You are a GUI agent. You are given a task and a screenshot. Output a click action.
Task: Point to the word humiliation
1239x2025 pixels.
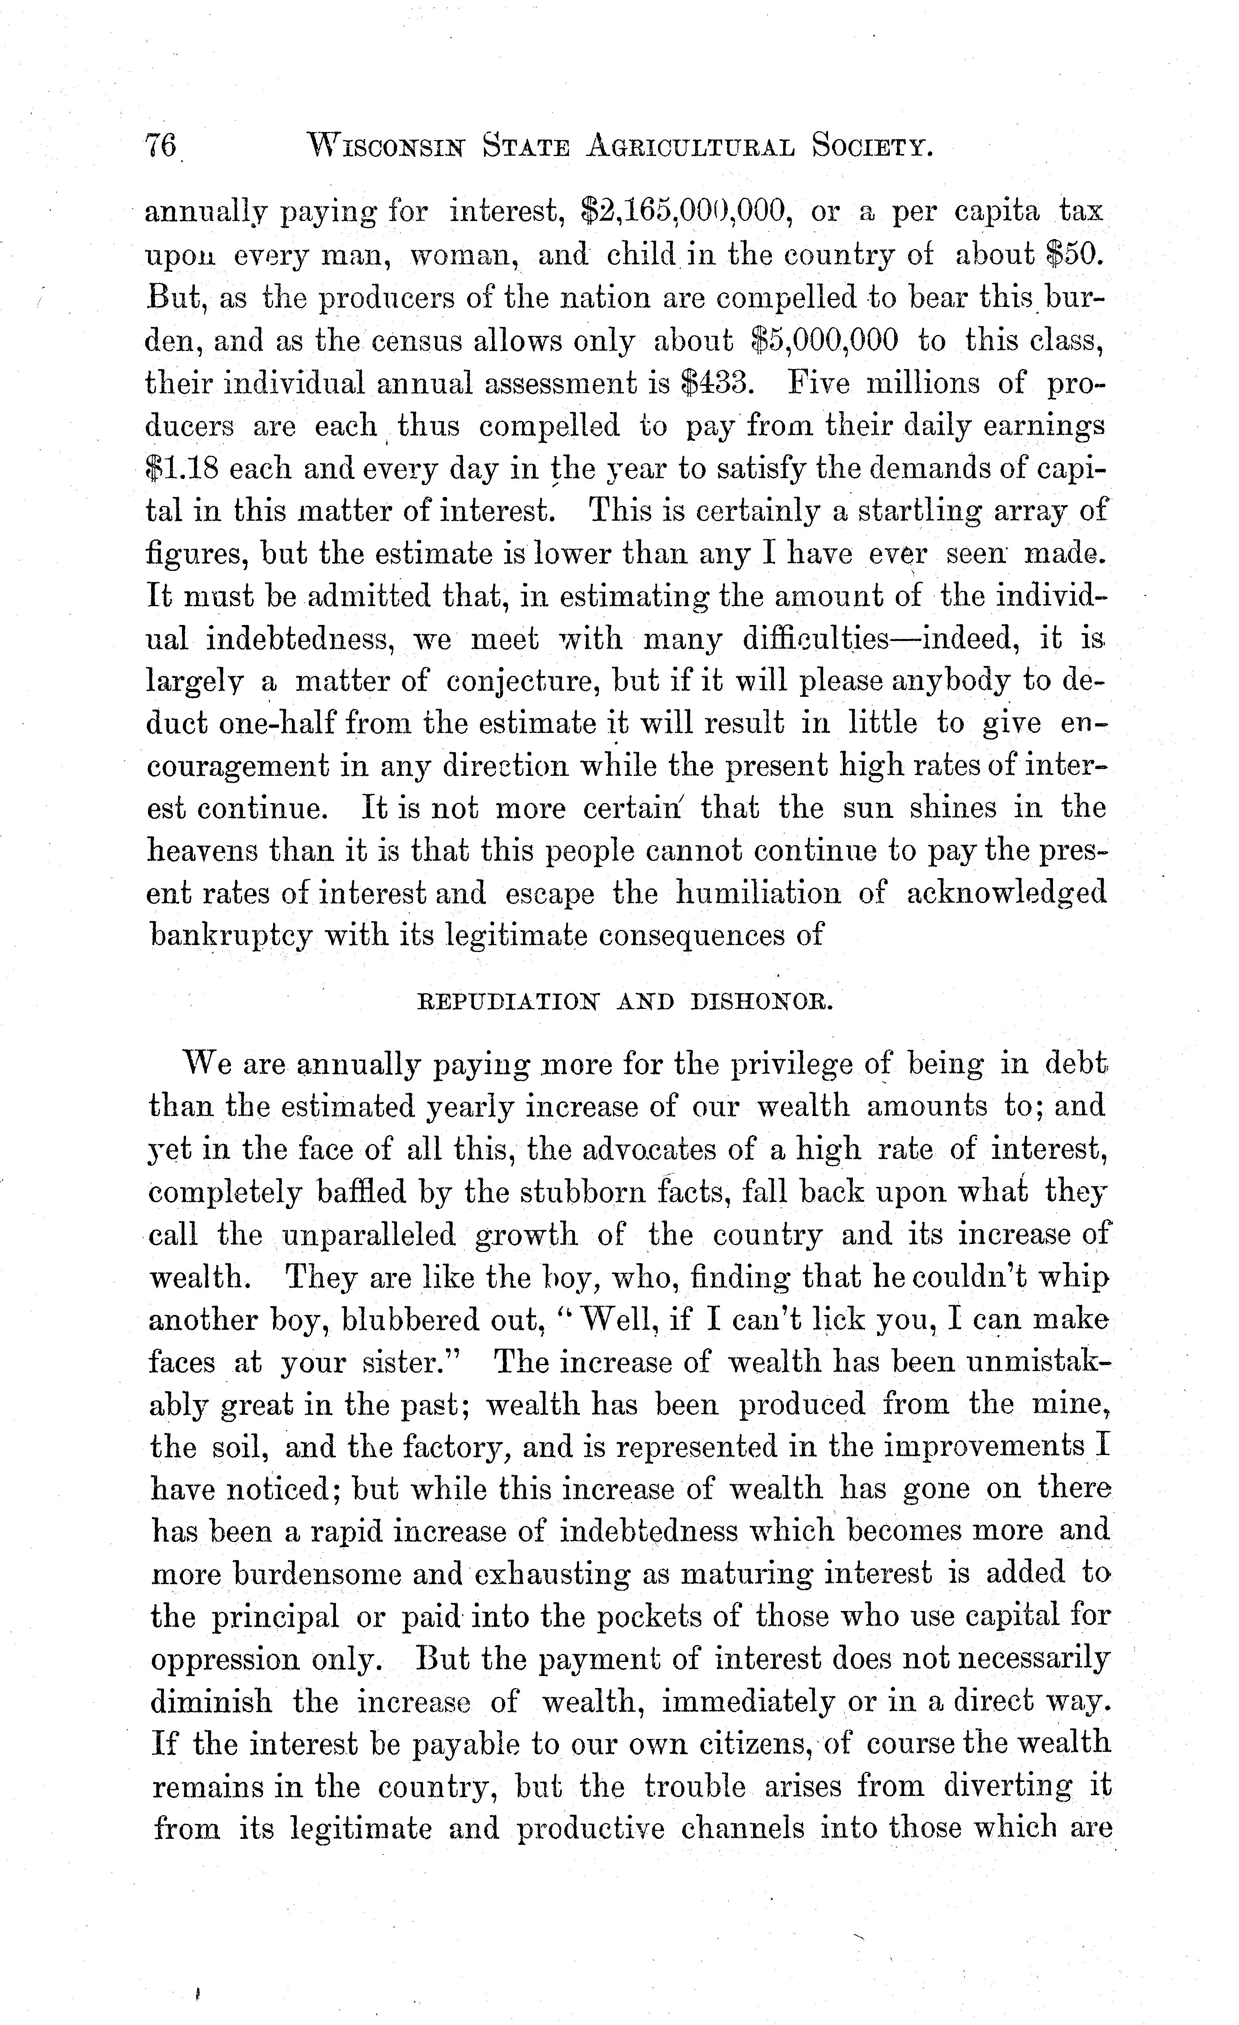pyautogui.click(x=757, y=893)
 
